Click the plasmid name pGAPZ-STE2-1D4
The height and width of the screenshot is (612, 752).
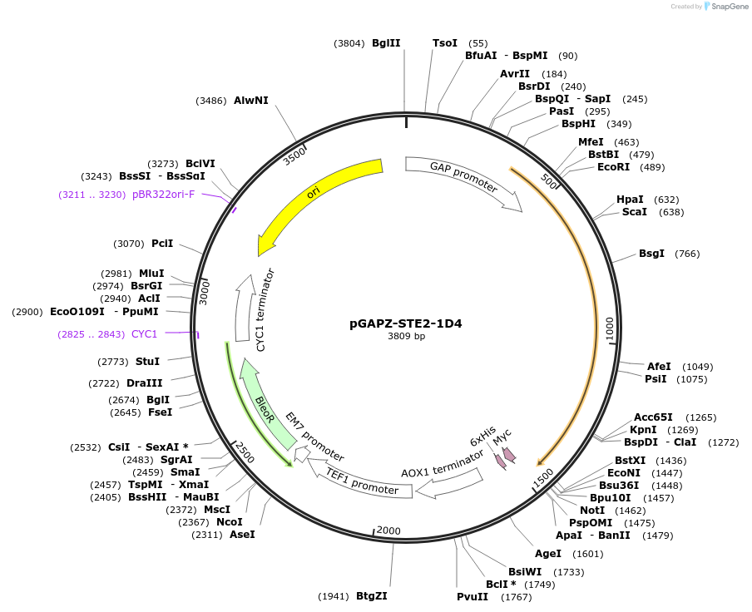pyautogui.click(x=406, y=323)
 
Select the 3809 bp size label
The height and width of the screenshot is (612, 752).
pyautogui.click(x=406, y=337)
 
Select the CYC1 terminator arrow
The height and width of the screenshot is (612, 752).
pyautogui.click(x=247, y=308)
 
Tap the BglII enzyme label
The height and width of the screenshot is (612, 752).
pyautogui.click(x=386, y=43)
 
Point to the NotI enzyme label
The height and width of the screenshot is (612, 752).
pyautogui.click(x=592, y=510)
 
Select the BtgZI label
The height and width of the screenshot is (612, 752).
pyautogui.click(x=372, y=596)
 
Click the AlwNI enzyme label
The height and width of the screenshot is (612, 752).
pyautogui.click(x=251, y=101)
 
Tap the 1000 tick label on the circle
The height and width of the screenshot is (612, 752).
pyautogui.click(x=609, y=328)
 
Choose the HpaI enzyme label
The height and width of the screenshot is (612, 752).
pyautogui.click(x=630, y=200)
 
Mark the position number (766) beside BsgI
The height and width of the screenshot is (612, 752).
pyautogui.click(x=687, y=254)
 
